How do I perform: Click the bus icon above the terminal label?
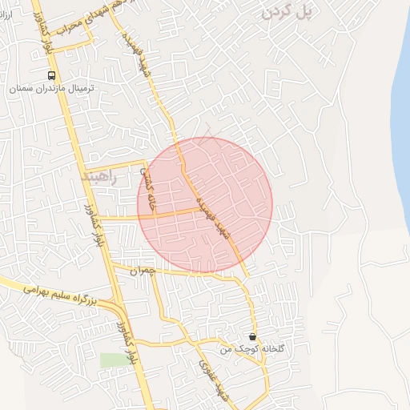[52, 74]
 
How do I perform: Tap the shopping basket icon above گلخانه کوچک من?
[253, 337]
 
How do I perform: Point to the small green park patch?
[114, 360]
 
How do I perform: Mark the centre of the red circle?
[205, 205]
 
